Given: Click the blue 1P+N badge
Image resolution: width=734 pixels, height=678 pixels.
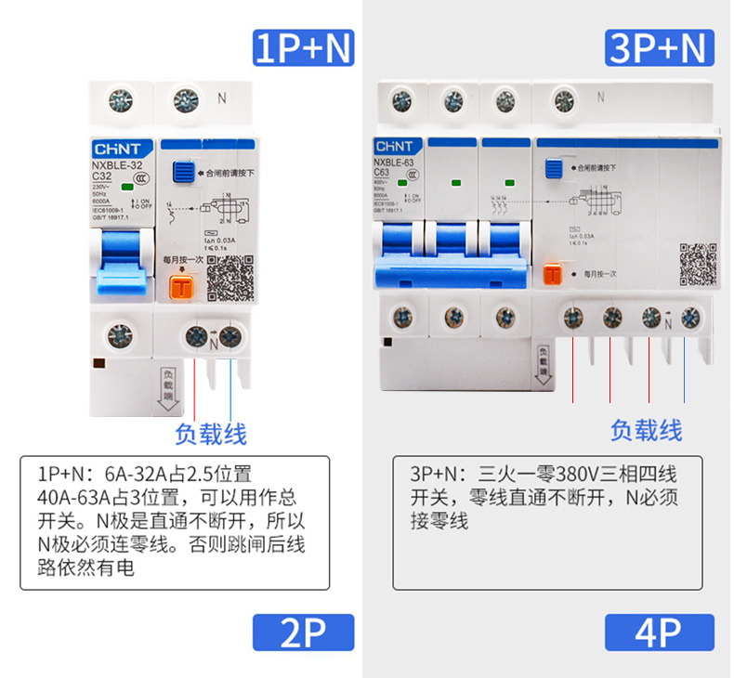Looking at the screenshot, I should pos(304,47).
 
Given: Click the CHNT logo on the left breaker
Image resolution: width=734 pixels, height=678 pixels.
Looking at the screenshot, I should pos(115,149).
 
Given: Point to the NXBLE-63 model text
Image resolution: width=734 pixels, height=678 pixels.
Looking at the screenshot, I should pos(395,161).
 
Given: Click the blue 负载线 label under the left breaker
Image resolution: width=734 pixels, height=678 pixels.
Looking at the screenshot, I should pos(211,433).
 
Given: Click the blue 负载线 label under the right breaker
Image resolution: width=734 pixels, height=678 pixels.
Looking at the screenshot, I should pos(646,429).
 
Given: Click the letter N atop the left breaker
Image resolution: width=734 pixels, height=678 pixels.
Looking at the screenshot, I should pos(222,96).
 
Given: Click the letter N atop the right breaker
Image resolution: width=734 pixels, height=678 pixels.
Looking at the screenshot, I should pos(601,96).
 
